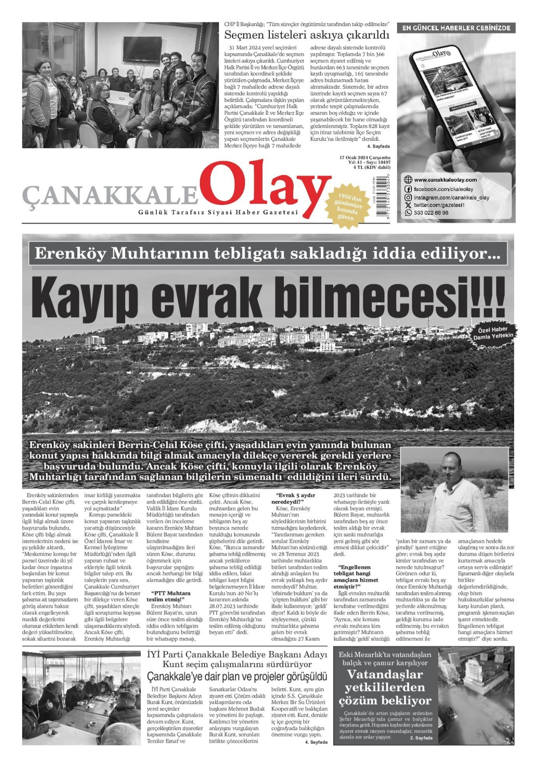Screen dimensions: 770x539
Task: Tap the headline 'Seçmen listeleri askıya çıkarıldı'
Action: [x=307, y=35]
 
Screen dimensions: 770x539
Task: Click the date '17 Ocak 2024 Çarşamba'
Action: [x=365, y=158]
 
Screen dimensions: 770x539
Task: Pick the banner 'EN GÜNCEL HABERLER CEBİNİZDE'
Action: [x=456, y=28]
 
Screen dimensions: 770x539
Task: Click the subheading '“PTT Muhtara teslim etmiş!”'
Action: [x=170, y=596]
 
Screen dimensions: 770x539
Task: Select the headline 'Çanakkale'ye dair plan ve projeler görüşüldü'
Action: [x=237, y=677]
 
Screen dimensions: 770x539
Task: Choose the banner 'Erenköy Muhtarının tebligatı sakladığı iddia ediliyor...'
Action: [x=268, y=253]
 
